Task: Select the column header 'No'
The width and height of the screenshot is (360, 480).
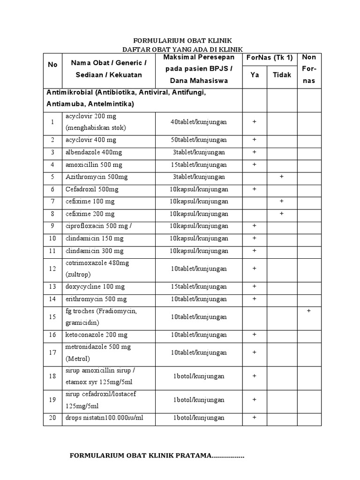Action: coord(52,65)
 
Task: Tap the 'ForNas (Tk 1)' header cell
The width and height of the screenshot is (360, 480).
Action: coord(269,58)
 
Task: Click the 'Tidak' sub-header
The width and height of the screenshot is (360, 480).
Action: coord(282,75)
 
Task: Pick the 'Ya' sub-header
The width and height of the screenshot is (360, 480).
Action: coord(255,75)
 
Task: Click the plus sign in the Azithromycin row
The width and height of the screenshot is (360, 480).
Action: coord(282,177)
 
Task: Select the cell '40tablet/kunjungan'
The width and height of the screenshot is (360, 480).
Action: coord(199,122)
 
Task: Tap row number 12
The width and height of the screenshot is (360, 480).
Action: coord(52,269)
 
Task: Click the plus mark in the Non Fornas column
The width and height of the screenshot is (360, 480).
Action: coord(309,311)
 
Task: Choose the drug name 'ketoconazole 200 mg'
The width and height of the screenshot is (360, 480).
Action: coord(96,335)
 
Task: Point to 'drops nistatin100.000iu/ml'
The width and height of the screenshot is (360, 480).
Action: coord(104,417)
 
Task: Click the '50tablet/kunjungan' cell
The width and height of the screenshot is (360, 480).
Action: coord(199,140)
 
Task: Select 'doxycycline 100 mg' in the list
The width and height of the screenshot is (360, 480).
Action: coord(94,286)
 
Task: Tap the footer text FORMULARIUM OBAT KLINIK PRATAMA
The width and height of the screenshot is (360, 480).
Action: coord(157,456)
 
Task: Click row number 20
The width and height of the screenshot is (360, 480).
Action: coord(52,417)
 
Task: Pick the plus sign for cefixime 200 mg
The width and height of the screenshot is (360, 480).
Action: coord(282,213)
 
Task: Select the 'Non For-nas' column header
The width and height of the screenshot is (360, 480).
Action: coord(309,68)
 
